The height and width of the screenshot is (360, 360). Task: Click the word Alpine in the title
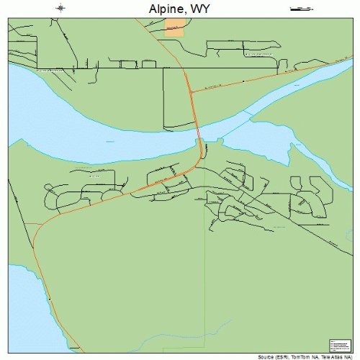click(x=161, y=8)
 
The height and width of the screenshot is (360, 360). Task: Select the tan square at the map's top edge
click(x=174, y=27)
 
